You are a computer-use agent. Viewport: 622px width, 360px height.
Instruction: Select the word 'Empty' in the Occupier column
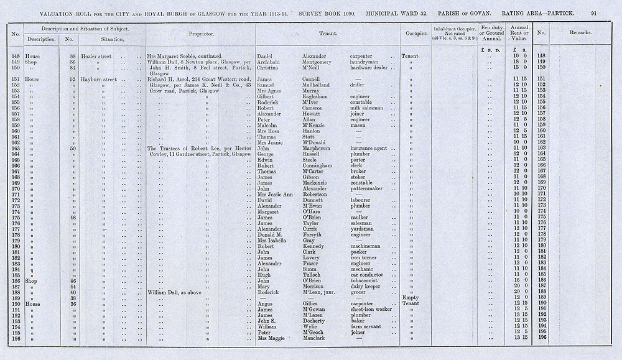click(411, 298)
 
